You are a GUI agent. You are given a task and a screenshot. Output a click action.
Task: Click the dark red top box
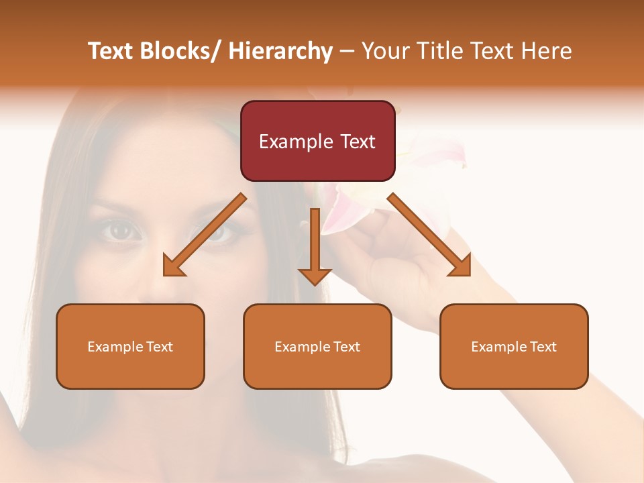point(317,141)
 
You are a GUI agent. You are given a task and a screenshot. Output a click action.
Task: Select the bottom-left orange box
point(130,346)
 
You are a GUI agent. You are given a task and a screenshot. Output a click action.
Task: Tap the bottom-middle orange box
point(317,346)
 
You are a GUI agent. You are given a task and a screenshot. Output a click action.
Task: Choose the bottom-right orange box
point(514,346)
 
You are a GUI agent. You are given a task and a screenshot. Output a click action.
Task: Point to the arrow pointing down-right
point(429,235)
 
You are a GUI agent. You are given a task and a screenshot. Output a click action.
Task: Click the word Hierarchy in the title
point(280,51)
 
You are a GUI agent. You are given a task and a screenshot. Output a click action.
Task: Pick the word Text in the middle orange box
point(346,347)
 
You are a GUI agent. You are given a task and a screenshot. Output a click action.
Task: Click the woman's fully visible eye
point(121,231)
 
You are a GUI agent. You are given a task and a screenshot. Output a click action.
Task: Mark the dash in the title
point(347,52)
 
